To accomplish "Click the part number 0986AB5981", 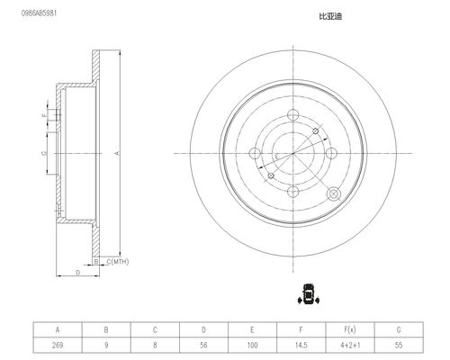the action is point(39,13).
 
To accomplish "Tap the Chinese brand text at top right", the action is point(330,16).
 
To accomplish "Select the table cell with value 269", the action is point(58,345).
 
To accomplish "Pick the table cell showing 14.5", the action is point(301,345).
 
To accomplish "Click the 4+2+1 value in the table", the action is point(350,345).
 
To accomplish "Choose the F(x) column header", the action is point(350,329).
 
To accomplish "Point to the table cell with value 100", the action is point(252,345).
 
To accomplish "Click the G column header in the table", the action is point(399,329).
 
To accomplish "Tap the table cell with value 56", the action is point(203,345).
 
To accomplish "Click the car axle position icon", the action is point(308,294).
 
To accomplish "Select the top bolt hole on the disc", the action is point(292,115).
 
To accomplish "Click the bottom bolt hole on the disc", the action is point(292,192).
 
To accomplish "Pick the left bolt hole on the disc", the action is point(255,153).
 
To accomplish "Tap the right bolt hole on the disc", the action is point(331,153).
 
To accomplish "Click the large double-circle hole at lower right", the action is point(334,193).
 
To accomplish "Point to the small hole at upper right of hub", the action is point(315,131).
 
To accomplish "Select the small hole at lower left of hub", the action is point(271,175).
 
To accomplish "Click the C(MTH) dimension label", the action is point(118,262).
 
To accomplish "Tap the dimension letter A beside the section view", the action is point(118,153).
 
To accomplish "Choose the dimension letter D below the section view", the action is point(78,273).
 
